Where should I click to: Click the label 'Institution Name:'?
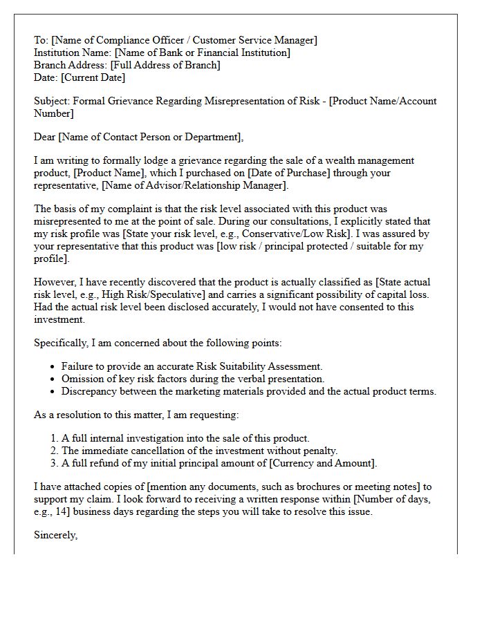point(73,53)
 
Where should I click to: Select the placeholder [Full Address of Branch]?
point(167,66)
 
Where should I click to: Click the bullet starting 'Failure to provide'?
point(192,366)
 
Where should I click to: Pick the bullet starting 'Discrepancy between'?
point(248,391)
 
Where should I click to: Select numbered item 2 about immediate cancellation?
point(199,451)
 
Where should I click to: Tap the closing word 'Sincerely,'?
point(56,535)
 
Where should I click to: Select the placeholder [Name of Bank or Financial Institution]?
point(202,53)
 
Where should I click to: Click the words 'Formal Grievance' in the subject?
point(130,101)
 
